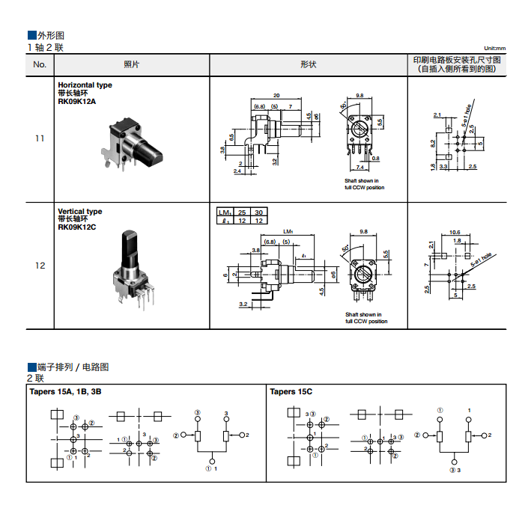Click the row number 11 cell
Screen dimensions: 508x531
coord(40,138)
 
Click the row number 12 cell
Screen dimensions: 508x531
coord(40,266)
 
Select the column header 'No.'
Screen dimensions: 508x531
coord(40,64)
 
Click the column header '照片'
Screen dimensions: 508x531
coord(131,64)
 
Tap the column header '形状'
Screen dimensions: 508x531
coord(308,64)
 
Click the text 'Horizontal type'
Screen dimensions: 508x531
coord(85,85)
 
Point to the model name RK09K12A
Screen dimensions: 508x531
coord(77,101)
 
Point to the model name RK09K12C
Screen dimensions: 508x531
coord(77,227)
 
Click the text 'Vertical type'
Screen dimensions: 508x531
coord(79,212)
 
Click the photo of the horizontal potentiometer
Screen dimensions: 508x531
coord(136,143)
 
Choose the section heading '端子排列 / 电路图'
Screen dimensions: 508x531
coord(73,367)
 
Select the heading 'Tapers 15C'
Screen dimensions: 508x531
coord(291,391)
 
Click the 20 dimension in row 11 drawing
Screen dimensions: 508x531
coord(276,95)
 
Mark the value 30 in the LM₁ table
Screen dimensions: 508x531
coord(258,212)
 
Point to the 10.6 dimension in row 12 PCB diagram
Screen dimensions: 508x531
coord(455,232)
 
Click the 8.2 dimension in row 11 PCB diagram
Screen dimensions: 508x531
coord(433,142)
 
